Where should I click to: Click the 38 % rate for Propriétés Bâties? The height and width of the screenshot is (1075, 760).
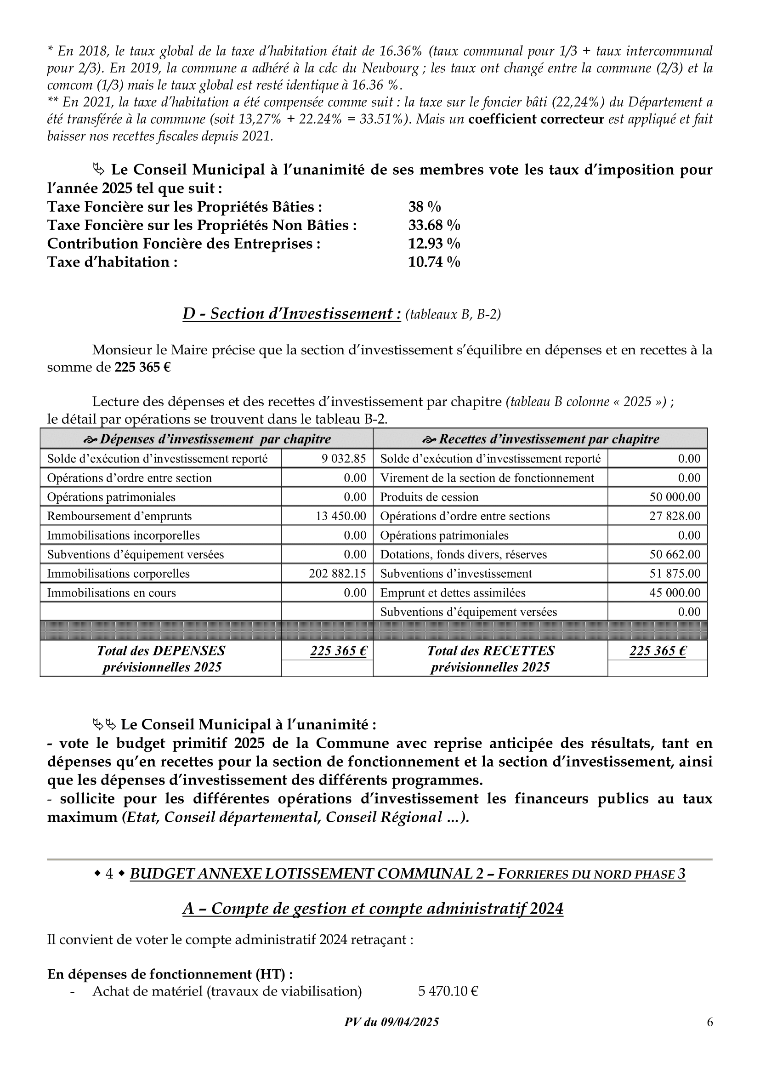(425, 207)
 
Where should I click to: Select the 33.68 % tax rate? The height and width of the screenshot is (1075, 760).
(434, 225)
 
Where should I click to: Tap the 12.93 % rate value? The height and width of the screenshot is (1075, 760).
(434, 244)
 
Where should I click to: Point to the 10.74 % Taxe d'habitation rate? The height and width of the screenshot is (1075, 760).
(434, 262)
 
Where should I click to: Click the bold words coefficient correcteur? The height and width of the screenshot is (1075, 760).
(536, 119)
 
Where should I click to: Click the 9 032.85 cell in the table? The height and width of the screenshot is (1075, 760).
(344, 458)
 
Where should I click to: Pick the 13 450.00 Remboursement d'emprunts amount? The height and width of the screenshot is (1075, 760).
(340, 516)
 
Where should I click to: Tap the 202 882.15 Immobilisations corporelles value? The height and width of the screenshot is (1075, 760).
(337, 574)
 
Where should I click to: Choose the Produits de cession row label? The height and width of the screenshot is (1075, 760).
(429, 497)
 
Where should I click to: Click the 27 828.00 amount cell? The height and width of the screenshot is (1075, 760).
(675, 516)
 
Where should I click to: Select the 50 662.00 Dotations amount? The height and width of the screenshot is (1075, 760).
(675, 554)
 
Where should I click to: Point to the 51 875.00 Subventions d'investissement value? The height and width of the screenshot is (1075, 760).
(675, 574)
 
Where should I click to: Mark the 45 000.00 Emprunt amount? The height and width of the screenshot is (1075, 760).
(675, 593)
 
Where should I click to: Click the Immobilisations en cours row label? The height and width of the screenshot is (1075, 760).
(111, 593)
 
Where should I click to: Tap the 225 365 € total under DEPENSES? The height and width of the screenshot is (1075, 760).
(338, 651)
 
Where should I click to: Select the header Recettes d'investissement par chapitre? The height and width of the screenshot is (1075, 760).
(540, 439)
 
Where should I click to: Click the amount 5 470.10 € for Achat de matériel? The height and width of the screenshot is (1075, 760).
(448, 991)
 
